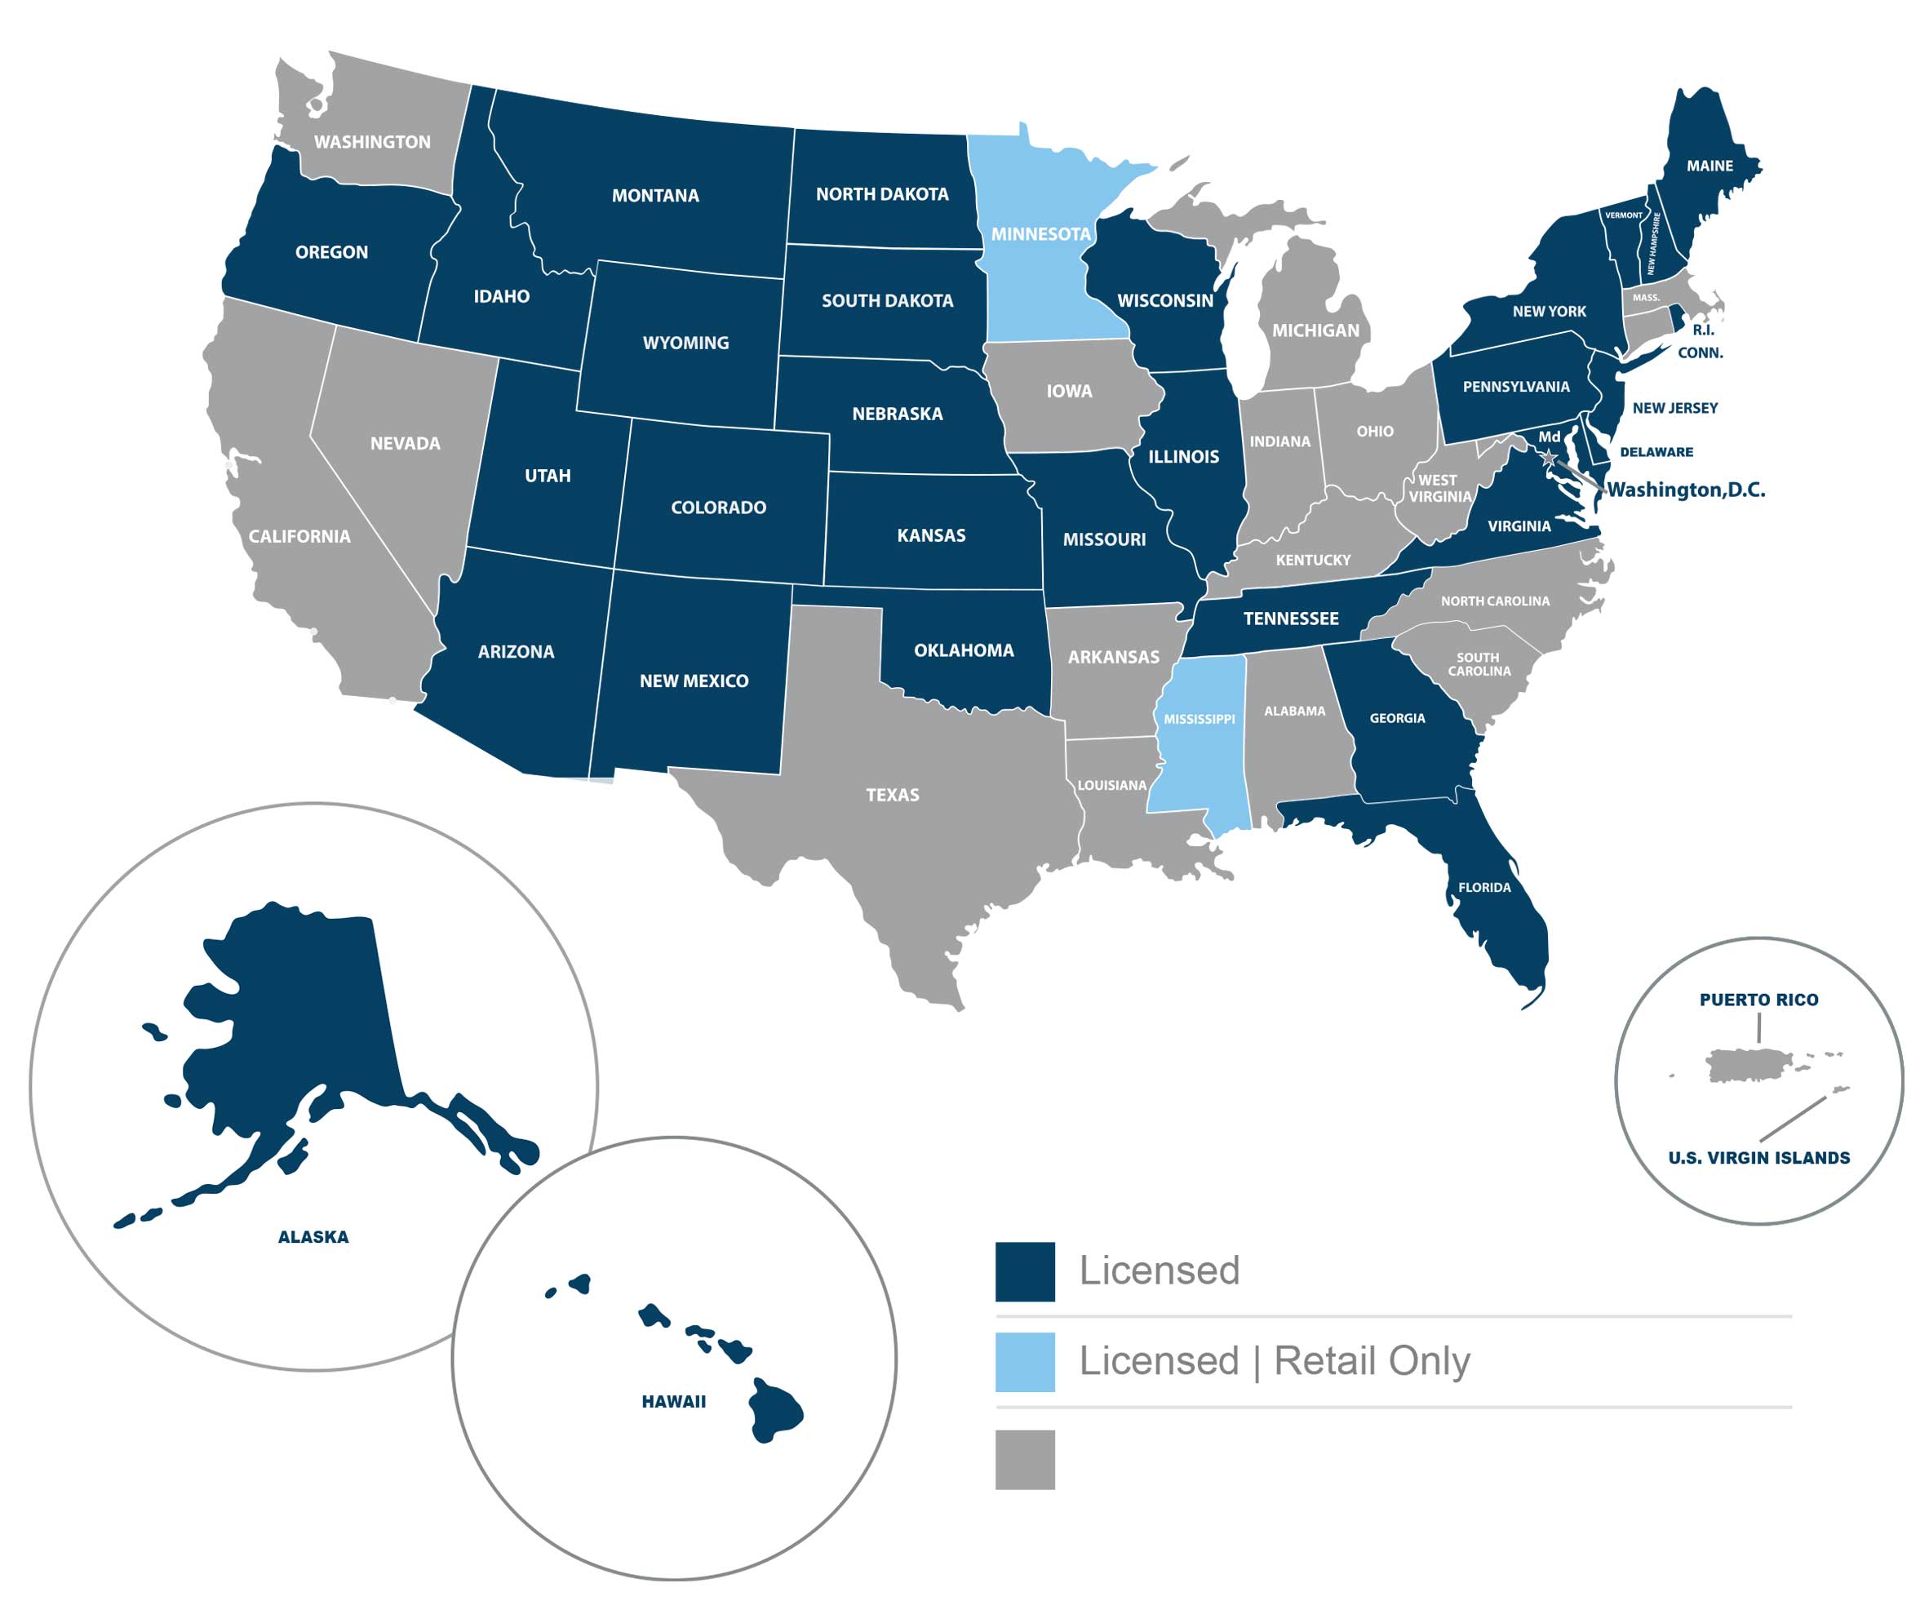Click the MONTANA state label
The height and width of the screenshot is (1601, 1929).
655,196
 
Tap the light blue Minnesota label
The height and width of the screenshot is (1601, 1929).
1040,234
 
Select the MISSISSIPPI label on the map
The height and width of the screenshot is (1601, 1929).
1199,719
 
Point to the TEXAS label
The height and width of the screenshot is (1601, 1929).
892,795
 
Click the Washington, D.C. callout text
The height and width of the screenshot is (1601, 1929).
1686,490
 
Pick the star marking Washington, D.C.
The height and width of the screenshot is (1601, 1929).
1549,456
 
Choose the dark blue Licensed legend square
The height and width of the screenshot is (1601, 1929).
1025,1272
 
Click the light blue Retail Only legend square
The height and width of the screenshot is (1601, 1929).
1025,1362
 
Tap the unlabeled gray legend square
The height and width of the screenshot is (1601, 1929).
1025,1460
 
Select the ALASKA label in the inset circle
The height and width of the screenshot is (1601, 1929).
313,1237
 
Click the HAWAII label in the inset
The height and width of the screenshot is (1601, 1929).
673,1402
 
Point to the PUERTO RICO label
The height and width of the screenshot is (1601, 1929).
1758,1000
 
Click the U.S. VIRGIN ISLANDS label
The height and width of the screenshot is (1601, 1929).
1758,1158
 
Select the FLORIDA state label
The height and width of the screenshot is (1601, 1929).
1484,887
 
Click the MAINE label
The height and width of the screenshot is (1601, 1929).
1709,166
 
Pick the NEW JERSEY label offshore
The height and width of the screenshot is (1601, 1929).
1674,408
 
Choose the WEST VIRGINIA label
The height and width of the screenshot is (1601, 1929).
1439,489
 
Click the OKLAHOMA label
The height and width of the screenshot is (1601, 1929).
964,650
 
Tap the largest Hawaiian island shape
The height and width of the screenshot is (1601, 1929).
774,1410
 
